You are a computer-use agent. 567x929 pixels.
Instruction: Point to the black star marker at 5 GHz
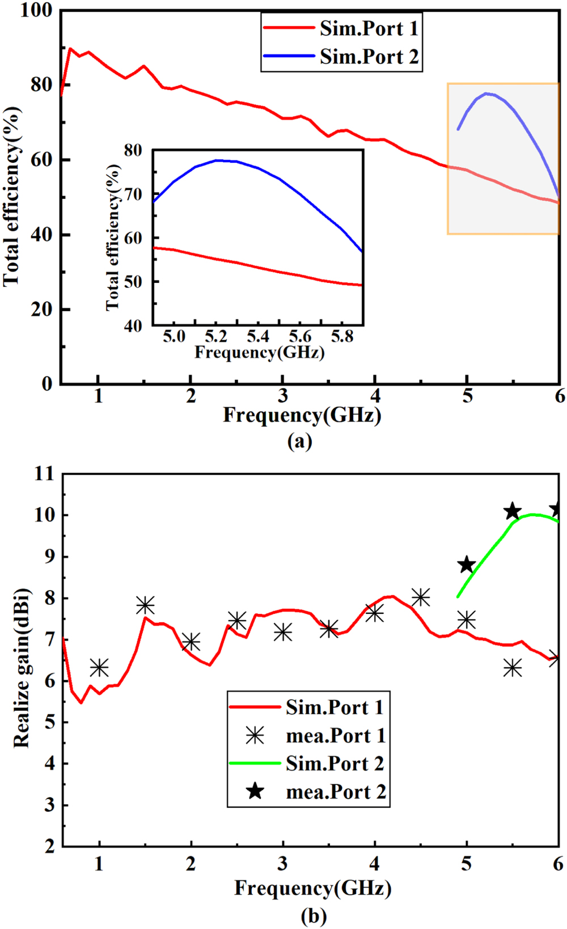pyautogui.click(x=467, y=565)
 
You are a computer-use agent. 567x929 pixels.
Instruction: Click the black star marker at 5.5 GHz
pyautogui.click(x=513, y=511)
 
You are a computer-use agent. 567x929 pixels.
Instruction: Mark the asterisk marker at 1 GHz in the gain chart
pyautogui.click(x=99, y=668)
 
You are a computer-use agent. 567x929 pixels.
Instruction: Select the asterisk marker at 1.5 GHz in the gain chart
pyautogui.click(x=145, y=605)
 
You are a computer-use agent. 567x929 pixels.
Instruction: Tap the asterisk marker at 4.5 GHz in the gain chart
pyautogui.click(x=421, y=597)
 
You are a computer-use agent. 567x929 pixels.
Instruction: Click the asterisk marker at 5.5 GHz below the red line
pyautogui.click(x=513, y=668)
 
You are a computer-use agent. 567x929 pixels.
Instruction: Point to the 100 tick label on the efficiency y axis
pyautogui.click(x=36, y=10)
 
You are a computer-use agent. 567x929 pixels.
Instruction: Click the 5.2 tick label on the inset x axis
pyautogui.click(x=216, y=337)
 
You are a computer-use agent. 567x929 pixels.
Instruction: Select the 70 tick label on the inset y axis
pyautogui.click(x=133, y=194)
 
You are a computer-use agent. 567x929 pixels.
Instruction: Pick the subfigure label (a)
pyautogui.click(x=300, y=441)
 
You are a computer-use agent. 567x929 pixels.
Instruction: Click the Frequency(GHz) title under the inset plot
pyautogui.click(x=259, y=353)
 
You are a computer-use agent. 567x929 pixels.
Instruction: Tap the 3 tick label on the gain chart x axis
pyautogui.click(x=282, y=864)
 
